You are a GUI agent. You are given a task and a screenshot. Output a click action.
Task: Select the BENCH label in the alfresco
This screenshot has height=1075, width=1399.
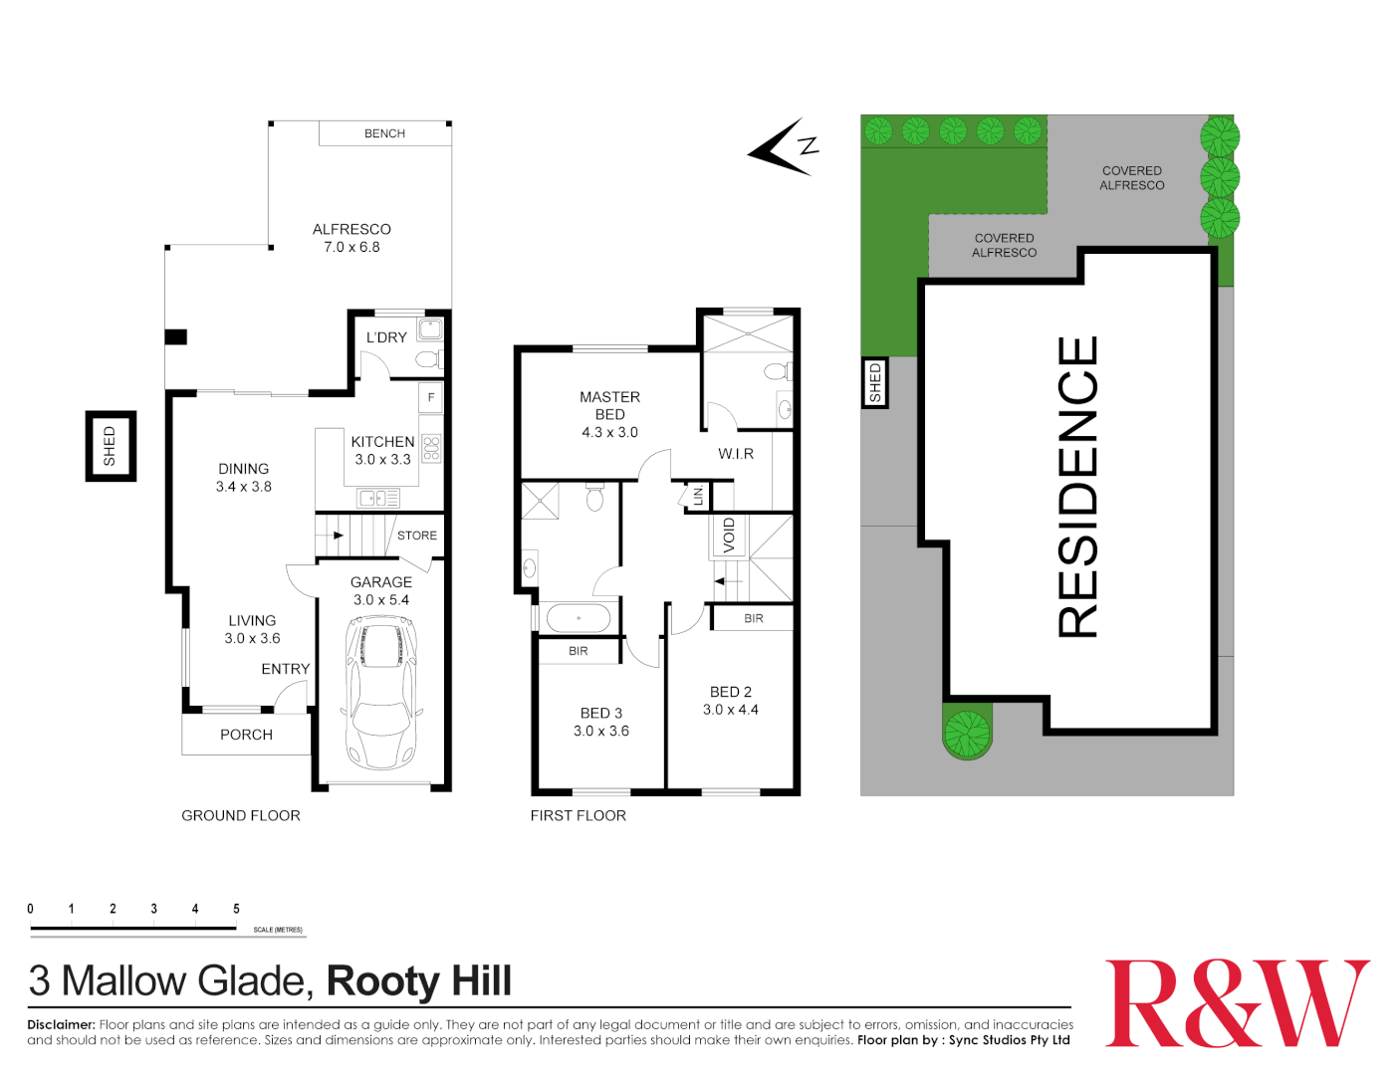point(384,133)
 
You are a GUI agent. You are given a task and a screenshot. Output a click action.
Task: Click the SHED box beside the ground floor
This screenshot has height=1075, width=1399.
point(110,446)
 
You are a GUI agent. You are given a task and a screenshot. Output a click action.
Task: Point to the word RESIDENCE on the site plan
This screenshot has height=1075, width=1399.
point(1076,487)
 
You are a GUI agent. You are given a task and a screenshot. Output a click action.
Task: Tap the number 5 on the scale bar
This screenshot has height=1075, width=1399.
point(236,909)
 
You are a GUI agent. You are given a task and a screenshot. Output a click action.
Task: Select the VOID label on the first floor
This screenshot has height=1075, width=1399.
point(728,536)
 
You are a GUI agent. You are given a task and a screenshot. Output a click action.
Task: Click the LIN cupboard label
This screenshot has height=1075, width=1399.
point(698,495)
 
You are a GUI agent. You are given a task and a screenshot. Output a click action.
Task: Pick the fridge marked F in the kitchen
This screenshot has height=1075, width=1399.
point(431,397)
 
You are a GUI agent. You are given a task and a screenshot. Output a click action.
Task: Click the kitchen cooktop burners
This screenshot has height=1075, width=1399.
point(431,449)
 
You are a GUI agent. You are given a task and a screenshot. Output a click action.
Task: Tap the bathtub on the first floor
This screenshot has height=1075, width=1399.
point(578,618)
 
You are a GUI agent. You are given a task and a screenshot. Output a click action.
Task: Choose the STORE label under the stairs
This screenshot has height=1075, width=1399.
point(416,536)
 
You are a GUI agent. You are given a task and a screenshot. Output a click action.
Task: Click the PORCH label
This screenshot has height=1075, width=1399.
point(246,735)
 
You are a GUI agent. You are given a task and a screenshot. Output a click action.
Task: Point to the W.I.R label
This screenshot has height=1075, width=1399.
point(736,454)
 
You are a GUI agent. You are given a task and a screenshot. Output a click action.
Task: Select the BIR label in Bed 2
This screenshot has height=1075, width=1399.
point(754,618)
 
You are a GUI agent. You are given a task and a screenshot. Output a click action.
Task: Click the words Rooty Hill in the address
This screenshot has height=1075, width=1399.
point(418,981)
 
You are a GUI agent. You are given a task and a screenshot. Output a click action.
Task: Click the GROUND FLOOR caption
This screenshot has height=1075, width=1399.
point(240,815)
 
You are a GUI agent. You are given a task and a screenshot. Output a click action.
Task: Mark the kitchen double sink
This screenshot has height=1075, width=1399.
point(378,498)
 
